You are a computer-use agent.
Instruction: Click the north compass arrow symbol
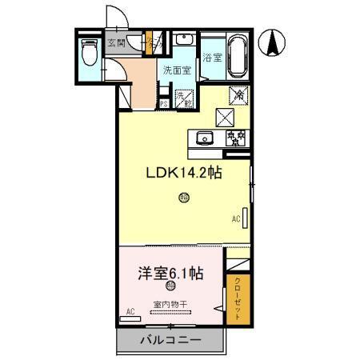[x=273, y=43]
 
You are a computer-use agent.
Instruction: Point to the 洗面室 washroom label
[x=175, y=70]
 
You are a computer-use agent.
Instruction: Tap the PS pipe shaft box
[x=163, y=102]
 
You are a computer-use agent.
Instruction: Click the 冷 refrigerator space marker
[x=238, y=94]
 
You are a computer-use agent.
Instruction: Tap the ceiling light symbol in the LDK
[x=184, y=198]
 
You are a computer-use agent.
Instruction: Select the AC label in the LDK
[x=236, y=216]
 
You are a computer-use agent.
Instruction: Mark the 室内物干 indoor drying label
[x=170, y=304]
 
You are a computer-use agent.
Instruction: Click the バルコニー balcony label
[x=170, y=341]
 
